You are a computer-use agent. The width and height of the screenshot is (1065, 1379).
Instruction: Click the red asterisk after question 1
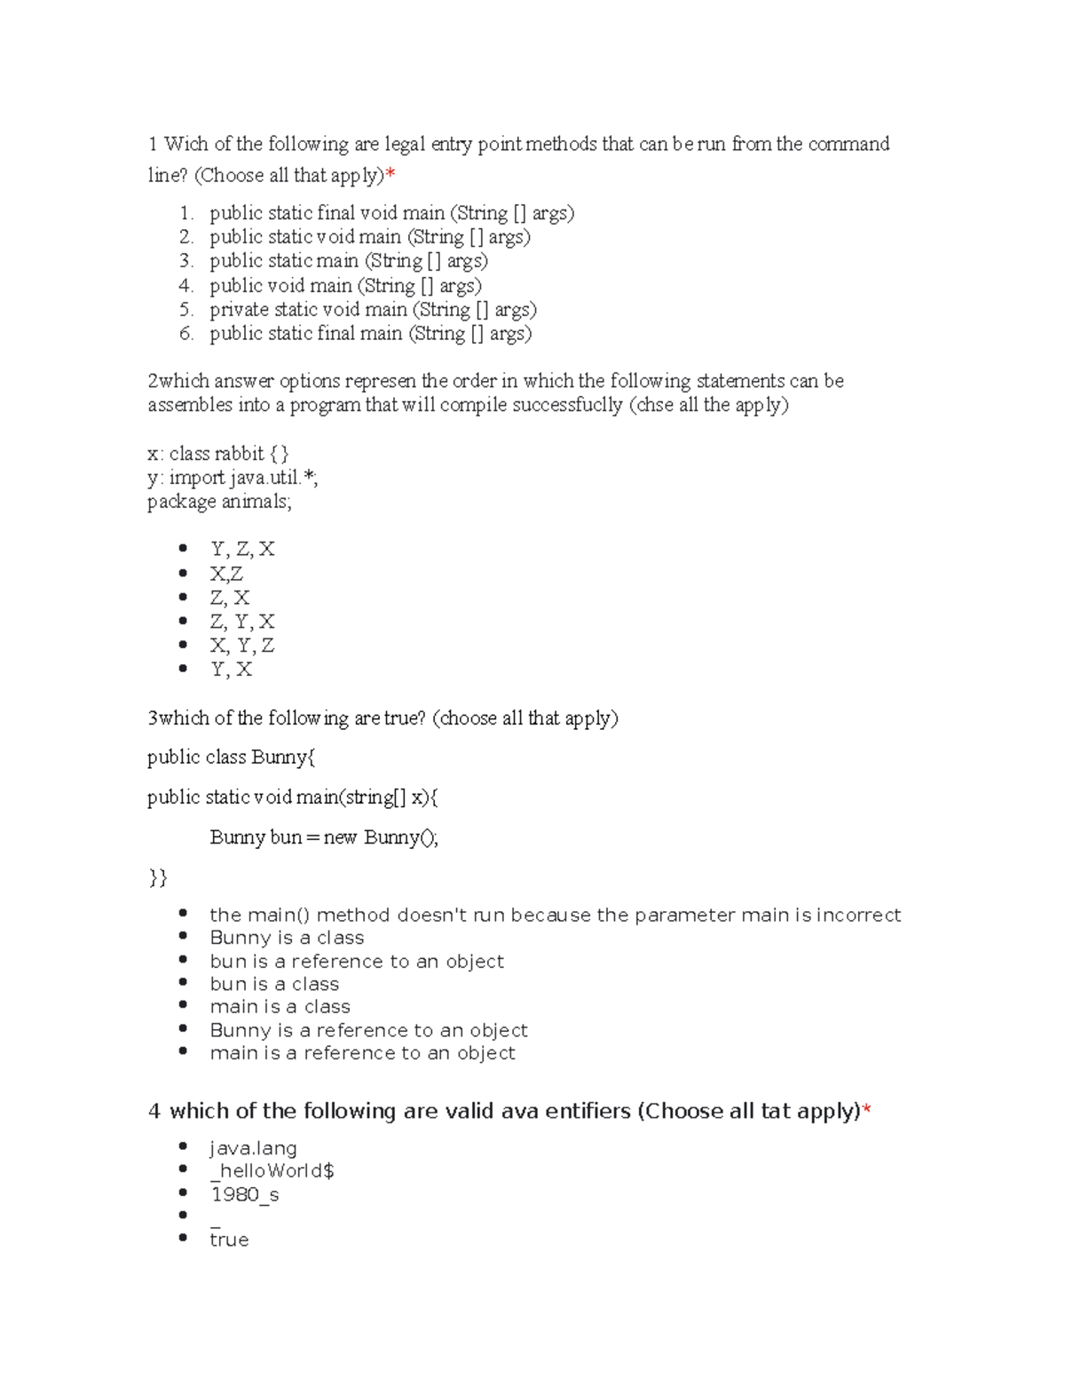click(390, 175)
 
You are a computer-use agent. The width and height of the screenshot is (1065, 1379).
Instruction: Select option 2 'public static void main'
click(369, 237)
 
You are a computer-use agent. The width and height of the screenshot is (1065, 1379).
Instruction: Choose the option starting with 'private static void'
click(373, 310)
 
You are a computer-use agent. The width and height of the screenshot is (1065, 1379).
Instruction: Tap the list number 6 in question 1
click(185, 334)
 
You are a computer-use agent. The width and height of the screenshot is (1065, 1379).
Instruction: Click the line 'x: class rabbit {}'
click(217, 454)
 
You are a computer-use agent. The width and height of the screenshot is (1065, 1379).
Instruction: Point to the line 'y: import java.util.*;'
click(233, 478)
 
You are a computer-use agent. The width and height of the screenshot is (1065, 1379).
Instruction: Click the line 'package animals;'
click(219, 502)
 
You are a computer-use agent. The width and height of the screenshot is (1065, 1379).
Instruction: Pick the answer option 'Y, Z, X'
click(241, 550)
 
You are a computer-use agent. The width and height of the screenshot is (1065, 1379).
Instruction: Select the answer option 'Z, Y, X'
click(241, 622)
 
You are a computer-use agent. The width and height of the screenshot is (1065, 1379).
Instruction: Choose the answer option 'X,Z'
click(225, 574)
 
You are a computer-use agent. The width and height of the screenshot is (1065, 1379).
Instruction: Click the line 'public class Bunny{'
click(231, 757)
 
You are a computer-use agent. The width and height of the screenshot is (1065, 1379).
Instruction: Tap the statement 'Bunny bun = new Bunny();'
click(324, 837)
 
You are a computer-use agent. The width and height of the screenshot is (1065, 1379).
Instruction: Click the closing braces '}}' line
click(157, 878)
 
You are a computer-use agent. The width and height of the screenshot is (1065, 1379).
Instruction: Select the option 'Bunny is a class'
click(287, 938)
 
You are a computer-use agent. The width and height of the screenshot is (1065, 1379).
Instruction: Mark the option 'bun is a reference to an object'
click(357, 962)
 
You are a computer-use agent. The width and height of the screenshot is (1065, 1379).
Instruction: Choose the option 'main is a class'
click(280, 1007)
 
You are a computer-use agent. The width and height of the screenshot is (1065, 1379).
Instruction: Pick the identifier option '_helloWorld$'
click(272, 1171)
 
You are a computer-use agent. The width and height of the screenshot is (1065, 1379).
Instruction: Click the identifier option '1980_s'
click(244, 1194)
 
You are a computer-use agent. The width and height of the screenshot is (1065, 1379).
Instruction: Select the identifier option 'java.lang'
click(253, 1148)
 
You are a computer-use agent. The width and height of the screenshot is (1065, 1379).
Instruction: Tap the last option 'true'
click(229, 1240)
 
